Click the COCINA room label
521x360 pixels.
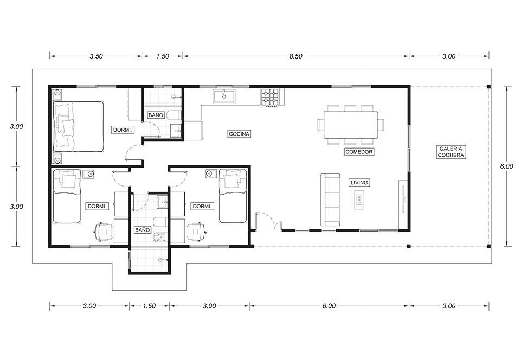(239, 134)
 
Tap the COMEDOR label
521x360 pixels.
(359, 152)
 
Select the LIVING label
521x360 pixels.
(359, 183)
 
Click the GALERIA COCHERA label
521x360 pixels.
(451, 152)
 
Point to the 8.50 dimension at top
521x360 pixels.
(295, 56)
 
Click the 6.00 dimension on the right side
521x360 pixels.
(507, 166)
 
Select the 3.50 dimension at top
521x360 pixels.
(96, 56)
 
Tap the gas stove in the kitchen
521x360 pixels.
(269, 97)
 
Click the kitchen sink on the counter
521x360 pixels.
(224, 97)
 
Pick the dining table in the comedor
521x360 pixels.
(351, 125)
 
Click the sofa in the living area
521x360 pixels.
(330, 200)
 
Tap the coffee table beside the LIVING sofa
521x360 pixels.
(359, 200)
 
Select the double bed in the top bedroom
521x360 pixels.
(79, 127)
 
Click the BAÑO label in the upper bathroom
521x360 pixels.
(156, 115)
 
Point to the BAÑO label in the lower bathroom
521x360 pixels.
(143, 230)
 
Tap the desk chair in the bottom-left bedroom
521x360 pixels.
(104, 231)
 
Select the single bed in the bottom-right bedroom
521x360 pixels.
(233, 196)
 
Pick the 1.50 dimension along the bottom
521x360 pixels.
(149, 306)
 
